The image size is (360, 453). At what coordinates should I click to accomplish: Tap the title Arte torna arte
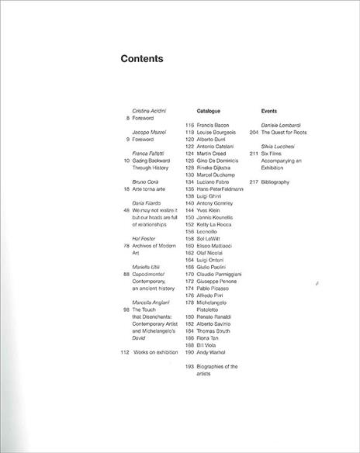(x=150, y=188)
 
